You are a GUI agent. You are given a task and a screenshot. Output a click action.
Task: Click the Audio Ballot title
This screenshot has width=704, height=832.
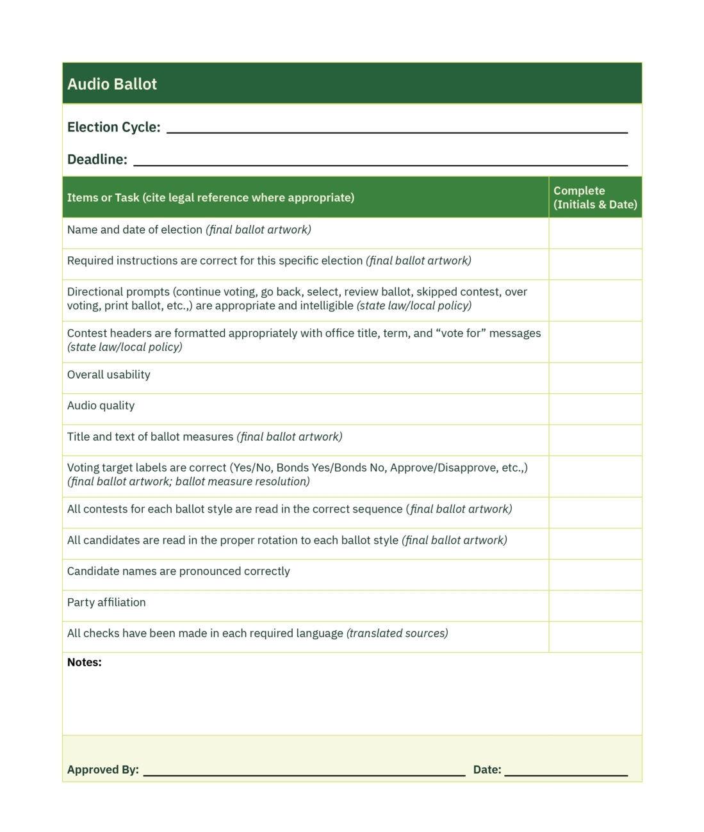click(112, 84)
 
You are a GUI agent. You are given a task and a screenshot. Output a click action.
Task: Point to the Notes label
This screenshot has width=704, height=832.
click(85, 662)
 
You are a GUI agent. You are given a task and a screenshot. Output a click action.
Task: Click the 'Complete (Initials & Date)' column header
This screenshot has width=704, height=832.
click(595, 198)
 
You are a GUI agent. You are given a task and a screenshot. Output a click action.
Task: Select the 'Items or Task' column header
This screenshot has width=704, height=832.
click(211, 198)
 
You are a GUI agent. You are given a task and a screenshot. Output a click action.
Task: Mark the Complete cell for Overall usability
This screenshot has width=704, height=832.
click(595, 378)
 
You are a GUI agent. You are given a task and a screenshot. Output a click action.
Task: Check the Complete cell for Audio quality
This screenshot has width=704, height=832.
click(595, 409)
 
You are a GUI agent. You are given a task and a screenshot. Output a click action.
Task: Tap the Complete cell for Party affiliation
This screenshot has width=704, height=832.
click(595, 605)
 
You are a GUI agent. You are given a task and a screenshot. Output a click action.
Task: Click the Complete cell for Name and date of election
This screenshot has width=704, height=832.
click(595, 232)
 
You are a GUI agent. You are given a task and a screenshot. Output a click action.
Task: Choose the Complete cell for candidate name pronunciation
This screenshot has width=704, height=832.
click(595, 575)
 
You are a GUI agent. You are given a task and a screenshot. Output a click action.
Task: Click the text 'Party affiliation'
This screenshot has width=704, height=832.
click(106, 602)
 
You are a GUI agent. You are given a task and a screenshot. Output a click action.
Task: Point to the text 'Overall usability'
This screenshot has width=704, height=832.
click(109, 375)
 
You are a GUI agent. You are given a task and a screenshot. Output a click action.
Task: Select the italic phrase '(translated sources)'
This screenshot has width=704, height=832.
click(397, 633)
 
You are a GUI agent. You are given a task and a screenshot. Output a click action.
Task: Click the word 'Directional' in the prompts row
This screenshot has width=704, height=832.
click(95, 292)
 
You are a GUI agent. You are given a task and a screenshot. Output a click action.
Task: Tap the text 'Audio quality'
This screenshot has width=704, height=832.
click(101, 405)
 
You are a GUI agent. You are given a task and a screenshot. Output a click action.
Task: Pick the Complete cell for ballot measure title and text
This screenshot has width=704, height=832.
click(595, 440)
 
